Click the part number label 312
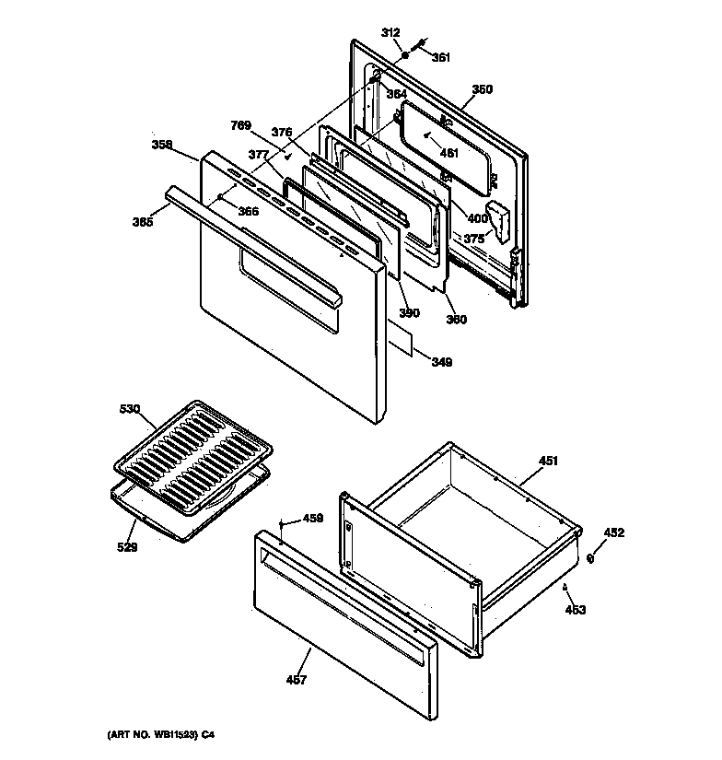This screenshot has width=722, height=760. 391,33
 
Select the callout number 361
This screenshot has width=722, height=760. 441,57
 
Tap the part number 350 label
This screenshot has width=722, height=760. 482,89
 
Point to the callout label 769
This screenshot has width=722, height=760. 240,125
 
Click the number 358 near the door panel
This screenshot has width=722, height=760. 162,145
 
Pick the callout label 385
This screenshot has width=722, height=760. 142,221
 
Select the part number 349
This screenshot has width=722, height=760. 441,362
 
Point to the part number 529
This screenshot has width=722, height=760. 127,547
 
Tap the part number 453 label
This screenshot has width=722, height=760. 576,609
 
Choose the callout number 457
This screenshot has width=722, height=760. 296,680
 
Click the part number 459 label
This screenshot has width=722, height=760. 313,519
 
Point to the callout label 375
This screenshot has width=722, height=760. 473,238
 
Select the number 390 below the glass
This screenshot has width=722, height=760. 409,313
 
